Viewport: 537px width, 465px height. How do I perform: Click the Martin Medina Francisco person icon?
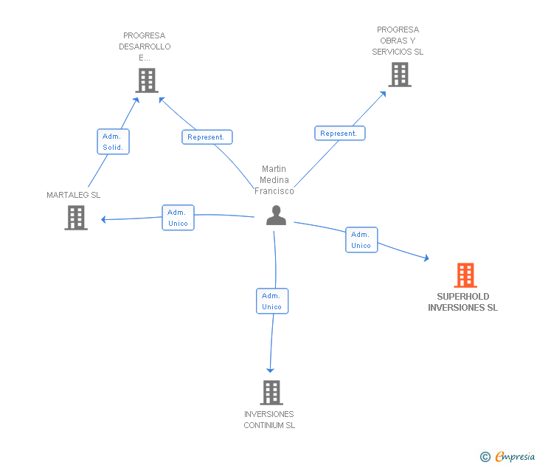(x=276, y=216)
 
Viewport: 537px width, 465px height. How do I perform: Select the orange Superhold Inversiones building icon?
(x=465, y=275)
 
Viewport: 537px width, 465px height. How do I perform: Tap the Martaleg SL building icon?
(x=76, y=218)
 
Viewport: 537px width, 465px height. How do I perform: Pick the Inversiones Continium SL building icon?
(x=271, y=392)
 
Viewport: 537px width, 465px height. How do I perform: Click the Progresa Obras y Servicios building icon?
(x=399, y=75)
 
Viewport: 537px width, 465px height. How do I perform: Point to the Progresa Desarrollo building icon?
(x=147, y=80)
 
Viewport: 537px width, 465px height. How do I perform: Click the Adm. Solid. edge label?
(x=113, y=142)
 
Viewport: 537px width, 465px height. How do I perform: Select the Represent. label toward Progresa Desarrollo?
(x=207, y=137)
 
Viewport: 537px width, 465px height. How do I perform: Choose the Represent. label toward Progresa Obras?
(x=339, y=134)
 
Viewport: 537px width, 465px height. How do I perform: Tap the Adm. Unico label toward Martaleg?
(x=178, y=218)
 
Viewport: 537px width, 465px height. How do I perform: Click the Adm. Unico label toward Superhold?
(x=361, y=240)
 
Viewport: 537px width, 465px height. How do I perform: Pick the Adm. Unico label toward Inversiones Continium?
(x=271, y=301)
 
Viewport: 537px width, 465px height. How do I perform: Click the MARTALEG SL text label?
(x=73, y=195)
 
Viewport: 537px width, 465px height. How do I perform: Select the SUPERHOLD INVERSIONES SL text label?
(x=462, y=302)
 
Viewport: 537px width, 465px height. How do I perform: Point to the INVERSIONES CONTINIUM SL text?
(x=269, y=419)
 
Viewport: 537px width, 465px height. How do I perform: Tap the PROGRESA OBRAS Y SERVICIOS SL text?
(x=398, y=41)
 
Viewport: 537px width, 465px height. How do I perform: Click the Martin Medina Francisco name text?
(x=274, y=180)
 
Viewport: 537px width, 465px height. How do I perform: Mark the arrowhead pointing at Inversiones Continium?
(x=271, y=369)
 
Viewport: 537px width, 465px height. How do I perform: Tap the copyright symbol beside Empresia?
(x=485, y=457)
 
